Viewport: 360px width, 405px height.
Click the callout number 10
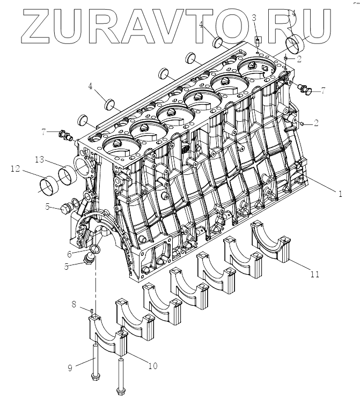(153, 366)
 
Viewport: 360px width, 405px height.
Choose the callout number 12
(14, 168)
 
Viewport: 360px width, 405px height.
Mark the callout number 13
(40, 159)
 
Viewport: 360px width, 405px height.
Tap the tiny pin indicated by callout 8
(92, 311)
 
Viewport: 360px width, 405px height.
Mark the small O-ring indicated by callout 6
(94, 248)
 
